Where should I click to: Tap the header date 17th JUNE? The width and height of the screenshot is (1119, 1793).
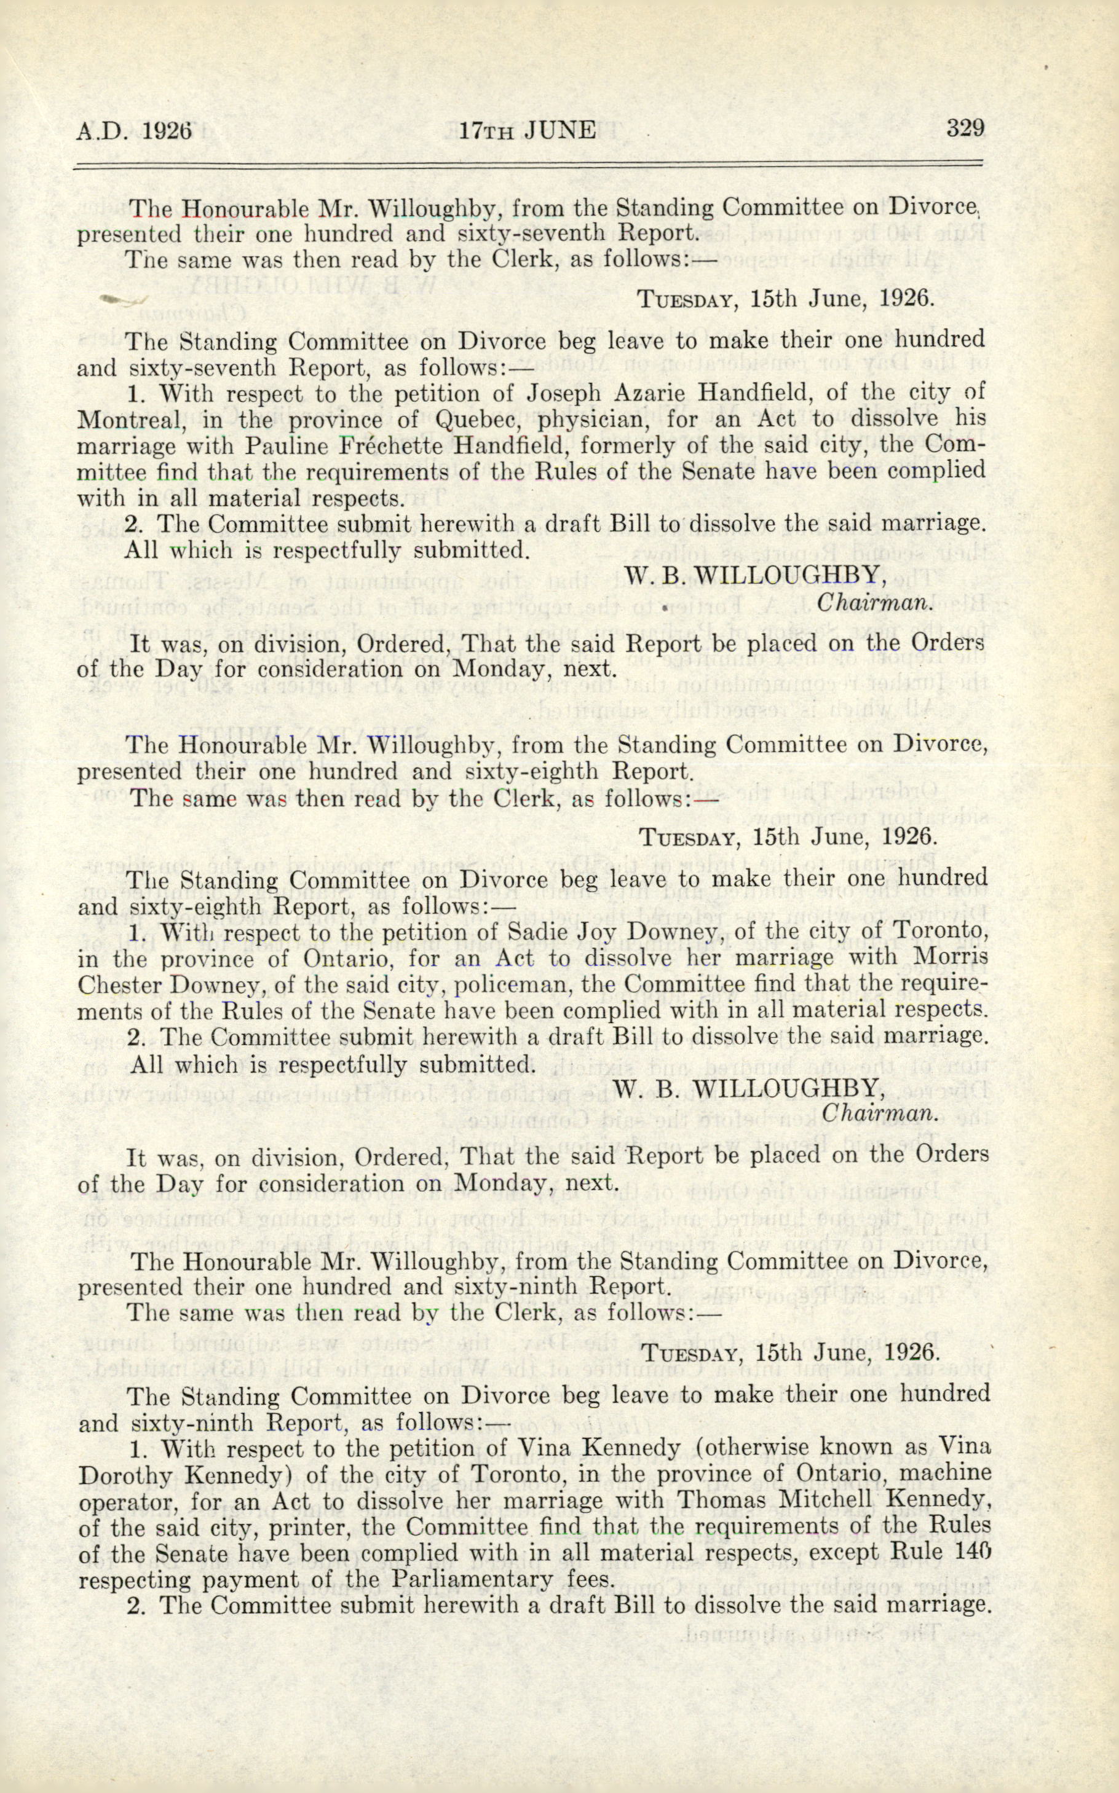tap(526, 131)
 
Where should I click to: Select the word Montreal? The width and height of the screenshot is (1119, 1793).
tap(130, 420)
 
